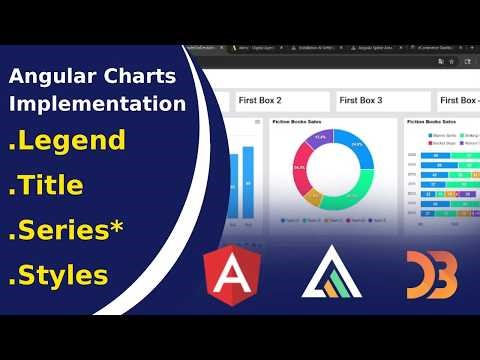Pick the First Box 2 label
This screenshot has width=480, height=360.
(259, 100)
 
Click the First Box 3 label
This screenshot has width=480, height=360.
(362, 100)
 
